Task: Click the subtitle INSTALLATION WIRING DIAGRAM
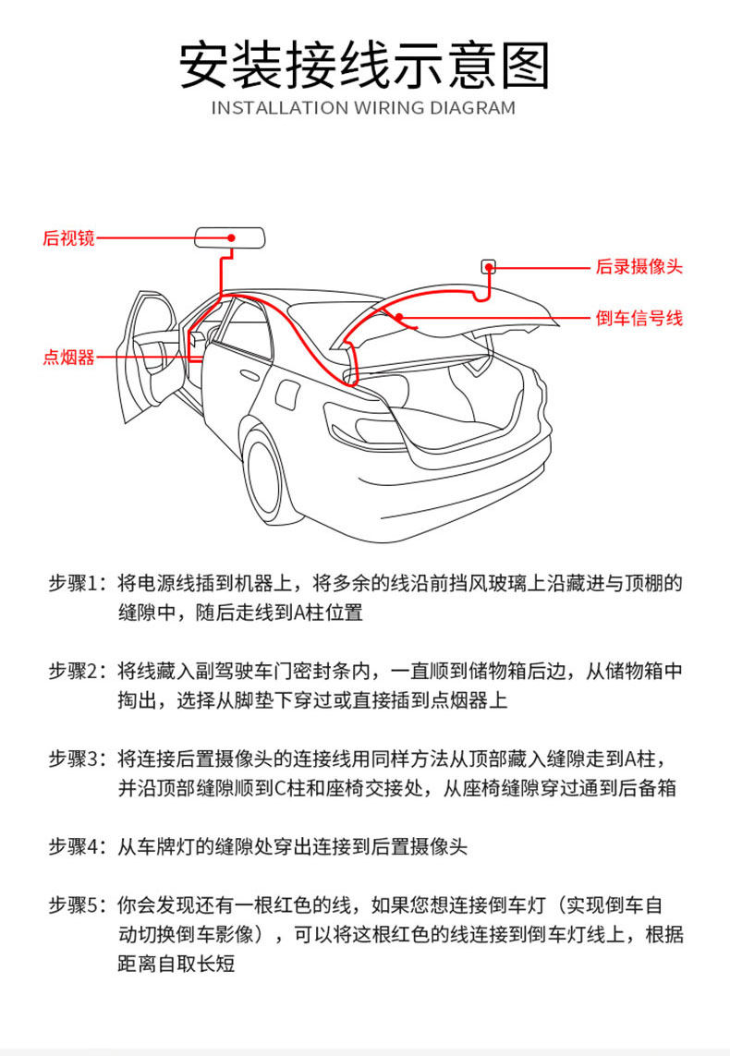364,108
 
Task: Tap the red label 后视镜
68,237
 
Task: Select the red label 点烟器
68,358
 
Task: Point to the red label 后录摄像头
639,267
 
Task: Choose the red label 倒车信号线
639,319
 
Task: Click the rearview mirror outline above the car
230,238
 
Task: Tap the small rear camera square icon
488,267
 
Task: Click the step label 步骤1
79,584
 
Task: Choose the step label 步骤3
79,759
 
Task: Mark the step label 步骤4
79,846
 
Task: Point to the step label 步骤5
79,905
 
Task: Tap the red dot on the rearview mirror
231,238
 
